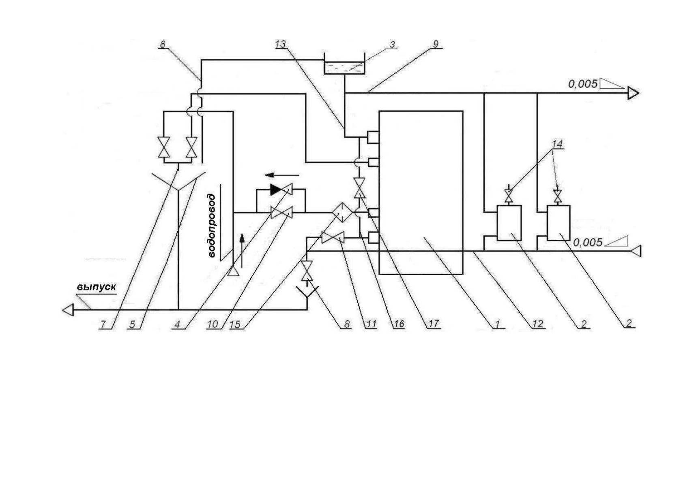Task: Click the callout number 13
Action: tap(280, 44)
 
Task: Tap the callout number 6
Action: tap(163, 44)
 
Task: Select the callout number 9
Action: tap(435, 44)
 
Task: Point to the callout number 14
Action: tap(557, 144)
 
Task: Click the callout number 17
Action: tap(433, 324)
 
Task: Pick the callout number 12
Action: tap(538, 324)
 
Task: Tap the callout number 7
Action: tap(103, 324)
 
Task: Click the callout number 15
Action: tap(235, 324)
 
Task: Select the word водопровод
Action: tap(212, 226)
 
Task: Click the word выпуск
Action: tap(97, 287)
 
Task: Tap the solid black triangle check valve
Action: tap(276, 189)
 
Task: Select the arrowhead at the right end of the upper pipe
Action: tap(633, 94)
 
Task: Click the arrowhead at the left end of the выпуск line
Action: tap(68, 310)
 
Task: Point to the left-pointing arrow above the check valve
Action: tap(281, 175)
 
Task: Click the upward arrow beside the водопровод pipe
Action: tap(242, 250)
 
